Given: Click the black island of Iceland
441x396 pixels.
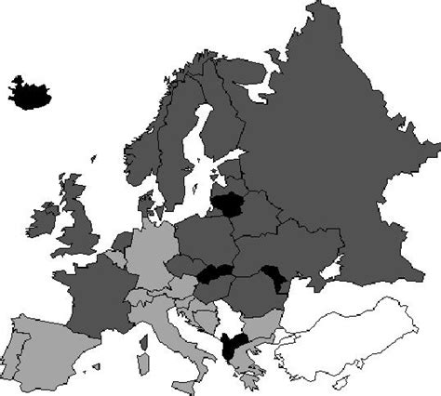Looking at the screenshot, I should click(x=30, y=91).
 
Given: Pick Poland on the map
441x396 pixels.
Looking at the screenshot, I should click(x=205, y=238).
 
